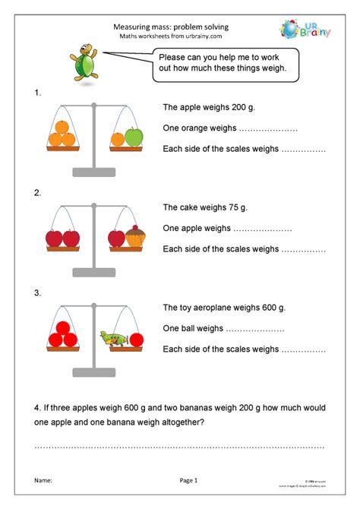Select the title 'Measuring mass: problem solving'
[170, 27]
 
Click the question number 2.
[38, 193]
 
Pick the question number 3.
[38, 292]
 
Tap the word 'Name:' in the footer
[43, 480]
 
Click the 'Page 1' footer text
[188, 480]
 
